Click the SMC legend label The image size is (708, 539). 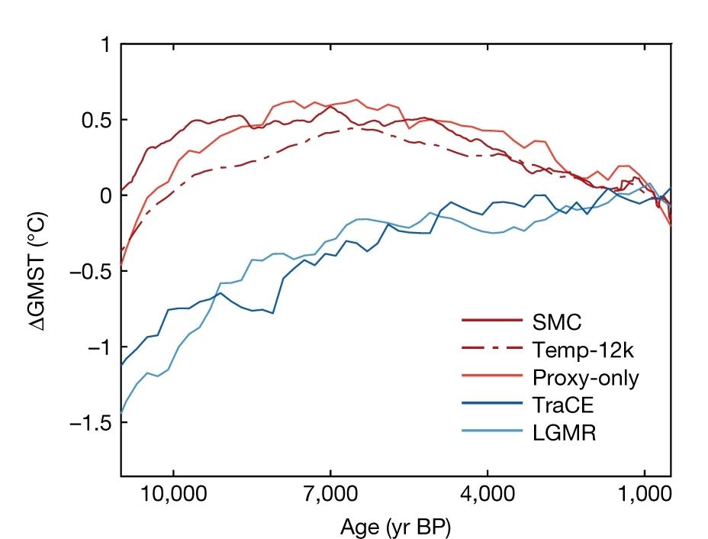click(558, 321)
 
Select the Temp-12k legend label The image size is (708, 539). click(583, 349)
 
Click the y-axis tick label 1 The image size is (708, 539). click(104, 45)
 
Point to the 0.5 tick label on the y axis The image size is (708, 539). click(95, 121)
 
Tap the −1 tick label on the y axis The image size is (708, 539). click(98, 347)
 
